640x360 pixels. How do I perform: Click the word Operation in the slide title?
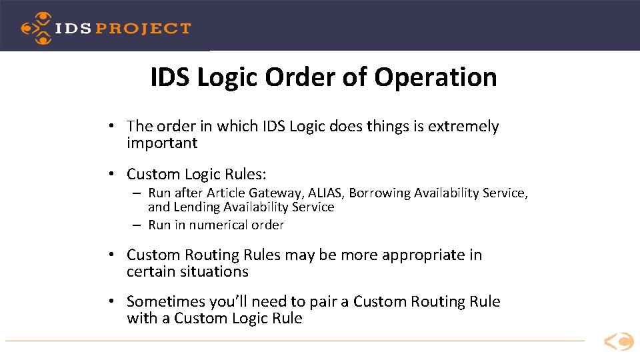[x=435, y=77]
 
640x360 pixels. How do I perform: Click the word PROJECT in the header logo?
[x=143, y=28]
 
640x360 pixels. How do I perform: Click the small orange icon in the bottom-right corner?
[x=619, y=342]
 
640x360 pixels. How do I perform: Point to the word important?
[x=162, y=143]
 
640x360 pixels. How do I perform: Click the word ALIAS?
[x=325, y=193]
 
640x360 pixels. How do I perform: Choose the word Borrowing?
[x=379, y=193]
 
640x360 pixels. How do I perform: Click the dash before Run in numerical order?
[x=136, y=225]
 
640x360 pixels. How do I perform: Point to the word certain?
[x=147, y=272]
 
